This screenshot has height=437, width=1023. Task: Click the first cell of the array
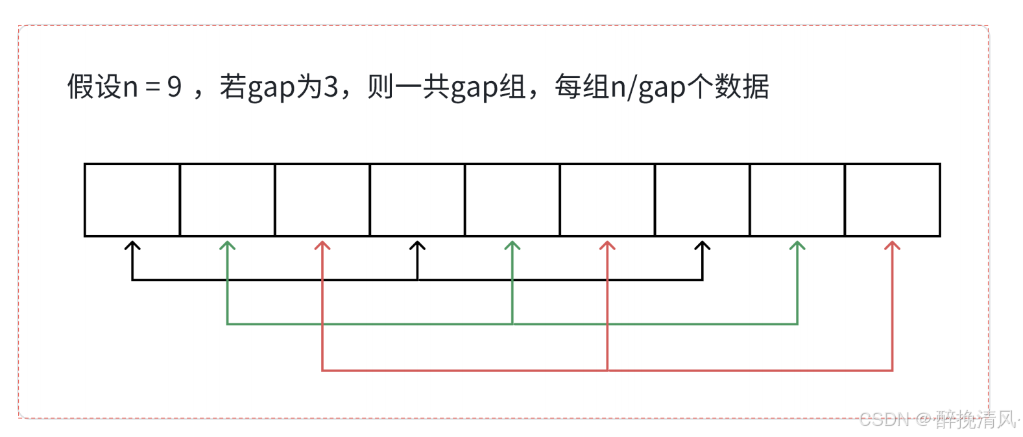click(132, 200)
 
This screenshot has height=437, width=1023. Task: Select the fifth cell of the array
click(512, 200)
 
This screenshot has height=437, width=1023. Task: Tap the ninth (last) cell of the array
click(893, 200)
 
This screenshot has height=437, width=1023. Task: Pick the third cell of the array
click(322, 200)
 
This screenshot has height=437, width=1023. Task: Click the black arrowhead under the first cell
click(132, 246)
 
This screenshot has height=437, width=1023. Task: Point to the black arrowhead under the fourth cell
click(418, 246)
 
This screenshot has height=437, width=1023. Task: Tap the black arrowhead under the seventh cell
click(703, 246)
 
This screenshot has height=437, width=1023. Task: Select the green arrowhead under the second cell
click(227, 246)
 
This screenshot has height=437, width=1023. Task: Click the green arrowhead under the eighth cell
click(797, 246)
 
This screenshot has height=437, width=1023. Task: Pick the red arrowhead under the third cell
click(322, 246)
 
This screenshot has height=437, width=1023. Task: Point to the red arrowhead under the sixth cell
click(607, 246)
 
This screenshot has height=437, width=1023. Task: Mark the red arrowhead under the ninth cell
click(893, 246)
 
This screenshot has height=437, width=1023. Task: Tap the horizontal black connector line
click(272, 280)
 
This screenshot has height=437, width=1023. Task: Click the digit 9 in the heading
click(175, 87)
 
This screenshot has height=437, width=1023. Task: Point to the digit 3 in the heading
click(331, 87)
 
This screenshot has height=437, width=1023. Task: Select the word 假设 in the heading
click(95, 87)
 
